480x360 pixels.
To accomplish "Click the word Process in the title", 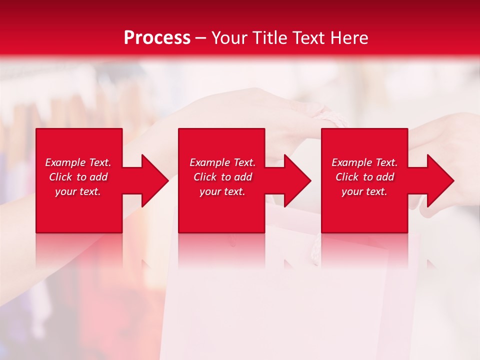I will [x=157, y=38].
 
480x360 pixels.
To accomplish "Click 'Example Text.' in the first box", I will [x=78, y=162].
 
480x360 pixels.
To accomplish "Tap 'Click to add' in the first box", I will [x=78, y=177].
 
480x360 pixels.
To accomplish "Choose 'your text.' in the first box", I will [x=78, y=191].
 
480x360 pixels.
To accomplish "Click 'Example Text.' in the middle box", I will [x=222, y=162].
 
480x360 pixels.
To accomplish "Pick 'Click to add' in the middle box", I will [x=222, y=177].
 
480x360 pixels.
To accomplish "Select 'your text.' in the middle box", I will [x=222, y=191].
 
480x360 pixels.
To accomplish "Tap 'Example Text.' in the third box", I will [x=364, y=162].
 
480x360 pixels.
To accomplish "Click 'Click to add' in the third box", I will [x=364, y=177].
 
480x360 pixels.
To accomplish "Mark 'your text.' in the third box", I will [x=364, y=191].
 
